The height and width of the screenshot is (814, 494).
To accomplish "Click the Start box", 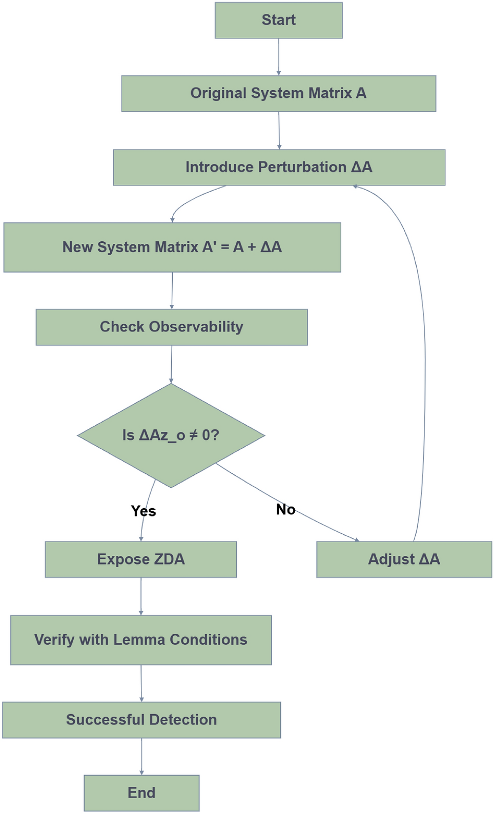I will (278, 20).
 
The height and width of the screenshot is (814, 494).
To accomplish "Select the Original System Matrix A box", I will (278, 94).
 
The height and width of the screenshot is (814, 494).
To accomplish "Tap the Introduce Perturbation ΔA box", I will (279, 168).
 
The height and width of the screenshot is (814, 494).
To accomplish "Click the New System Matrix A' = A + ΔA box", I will (172, 247).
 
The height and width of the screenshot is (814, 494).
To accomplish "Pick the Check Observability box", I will (171, 327).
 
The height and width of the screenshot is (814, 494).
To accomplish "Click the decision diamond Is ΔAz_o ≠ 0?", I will (171, 435).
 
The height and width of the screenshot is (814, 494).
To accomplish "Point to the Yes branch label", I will (143, 511).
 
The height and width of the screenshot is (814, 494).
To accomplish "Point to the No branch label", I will (285, 509).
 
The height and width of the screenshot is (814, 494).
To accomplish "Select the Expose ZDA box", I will (141, 559).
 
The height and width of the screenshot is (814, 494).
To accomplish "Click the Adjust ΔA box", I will (404, 559).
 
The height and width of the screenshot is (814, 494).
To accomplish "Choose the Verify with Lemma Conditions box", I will (141, 640).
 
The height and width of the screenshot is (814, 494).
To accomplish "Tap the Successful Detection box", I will (141, 720).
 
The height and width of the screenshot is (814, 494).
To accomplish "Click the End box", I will (141, 792).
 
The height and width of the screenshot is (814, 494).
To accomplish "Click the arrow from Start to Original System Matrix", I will (278, 57).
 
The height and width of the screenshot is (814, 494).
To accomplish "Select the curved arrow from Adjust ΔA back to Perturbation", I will (424, 359).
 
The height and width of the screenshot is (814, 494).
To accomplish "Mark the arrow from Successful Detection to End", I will (141, 756).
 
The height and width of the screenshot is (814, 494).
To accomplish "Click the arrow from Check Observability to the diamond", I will (171, 364).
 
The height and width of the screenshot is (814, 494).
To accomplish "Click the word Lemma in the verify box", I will (139, 640).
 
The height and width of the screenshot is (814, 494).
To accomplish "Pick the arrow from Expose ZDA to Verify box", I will (141, 596).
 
